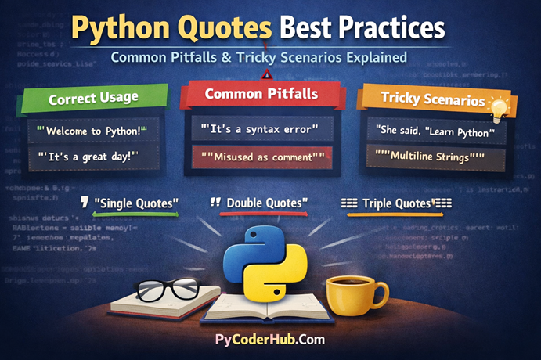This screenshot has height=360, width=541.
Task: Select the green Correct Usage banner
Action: point(92,99)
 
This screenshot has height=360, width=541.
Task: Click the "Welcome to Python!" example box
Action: point(92,129)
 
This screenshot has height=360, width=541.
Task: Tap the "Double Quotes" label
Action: point(267,203)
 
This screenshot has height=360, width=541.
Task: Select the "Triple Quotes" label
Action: point(396,203)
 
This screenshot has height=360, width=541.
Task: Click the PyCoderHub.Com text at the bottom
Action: point(269,340)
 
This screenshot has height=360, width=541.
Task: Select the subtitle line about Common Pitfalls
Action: point(269,57)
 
